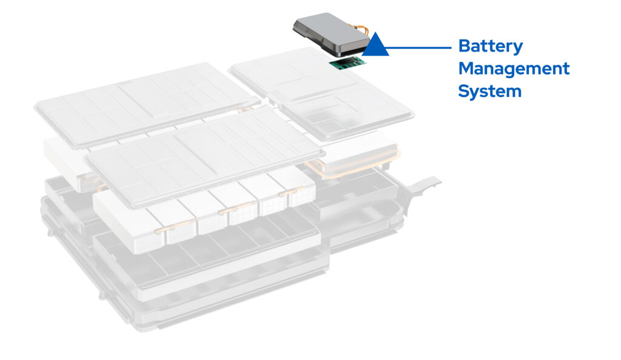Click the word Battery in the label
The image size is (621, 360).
point(490,47)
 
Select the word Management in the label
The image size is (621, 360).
point(514,68)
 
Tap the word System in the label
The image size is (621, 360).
point(489,92)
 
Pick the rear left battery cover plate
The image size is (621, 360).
point(143,103)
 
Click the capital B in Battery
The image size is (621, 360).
point(465,46)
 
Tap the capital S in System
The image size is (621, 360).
point(465,91)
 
